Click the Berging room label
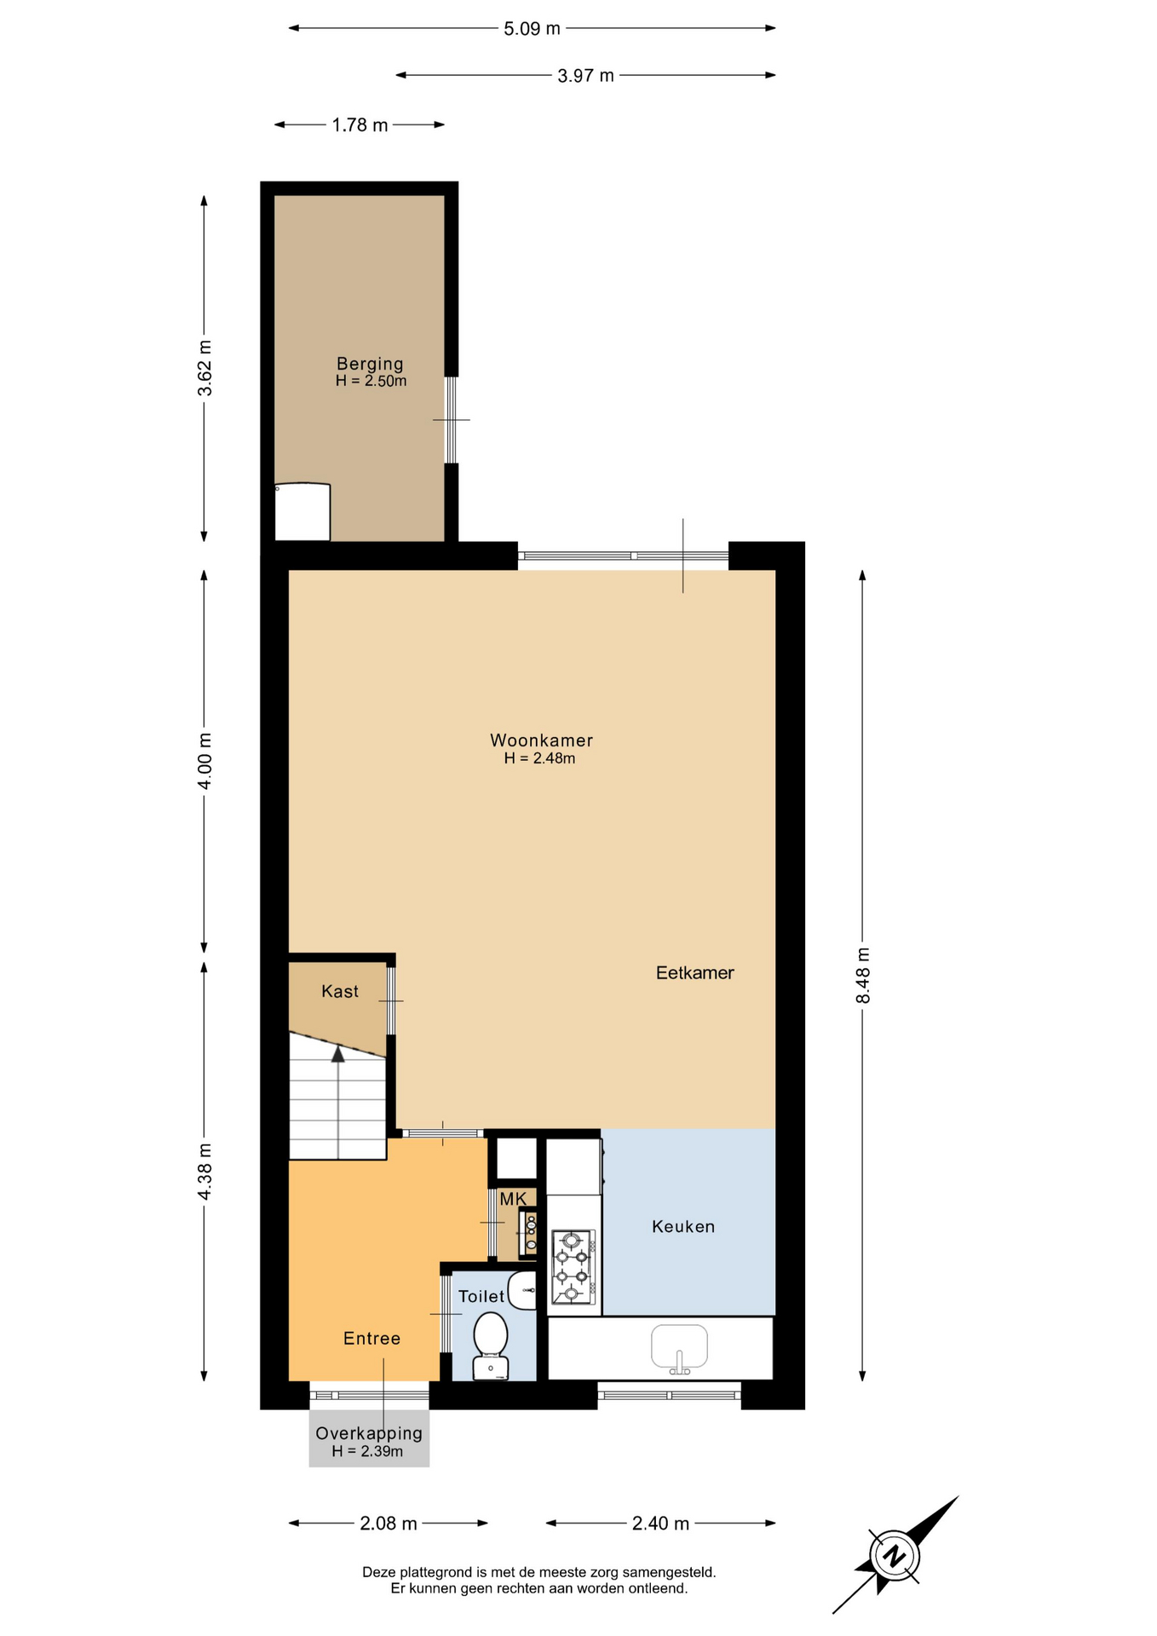370,364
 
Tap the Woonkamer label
541,740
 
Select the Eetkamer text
694,972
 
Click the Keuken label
682,1226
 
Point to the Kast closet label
340,991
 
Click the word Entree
371,1338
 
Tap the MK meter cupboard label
513,1199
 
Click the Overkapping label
369,1433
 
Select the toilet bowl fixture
490,1345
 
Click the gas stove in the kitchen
573,1267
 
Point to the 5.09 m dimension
532,28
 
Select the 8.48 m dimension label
862,975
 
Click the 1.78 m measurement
360,125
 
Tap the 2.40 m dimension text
660,1523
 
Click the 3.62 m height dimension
204,368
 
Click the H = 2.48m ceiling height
539,758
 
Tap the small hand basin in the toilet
522,1291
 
